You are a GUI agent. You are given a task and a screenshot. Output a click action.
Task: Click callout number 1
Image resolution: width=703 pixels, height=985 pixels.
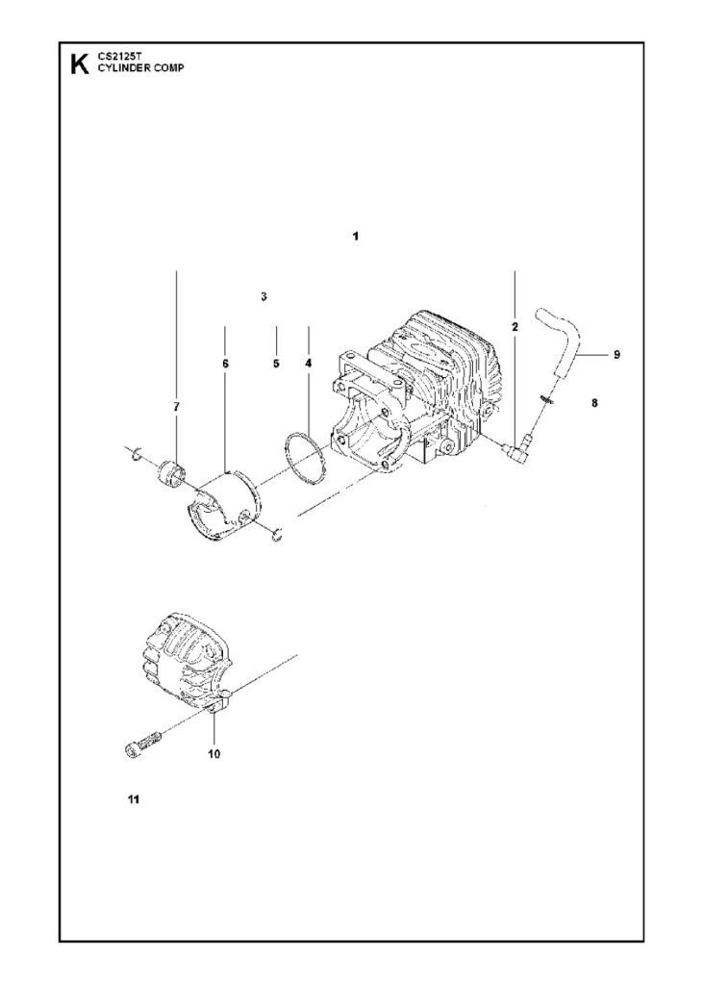[356, 236]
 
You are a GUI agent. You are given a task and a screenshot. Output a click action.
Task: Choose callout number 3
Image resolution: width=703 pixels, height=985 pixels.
[263, 297]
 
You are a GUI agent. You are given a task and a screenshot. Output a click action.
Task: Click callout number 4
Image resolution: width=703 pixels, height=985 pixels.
[308, 364]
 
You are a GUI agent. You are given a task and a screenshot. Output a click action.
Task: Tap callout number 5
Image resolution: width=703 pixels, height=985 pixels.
[276, 364]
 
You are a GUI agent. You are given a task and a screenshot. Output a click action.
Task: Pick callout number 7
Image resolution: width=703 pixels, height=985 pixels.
[176, 408]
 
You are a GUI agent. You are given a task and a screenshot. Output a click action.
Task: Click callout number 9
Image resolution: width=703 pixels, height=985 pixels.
[616, 354]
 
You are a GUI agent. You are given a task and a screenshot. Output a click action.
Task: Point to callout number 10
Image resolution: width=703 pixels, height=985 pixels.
[213, 753]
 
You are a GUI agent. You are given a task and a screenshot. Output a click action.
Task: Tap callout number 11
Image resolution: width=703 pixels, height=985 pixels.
[133, 798]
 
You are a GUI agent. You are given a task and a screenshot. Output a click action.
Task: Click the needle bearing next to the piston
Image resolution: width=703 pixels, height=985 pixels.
[173, 473]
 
